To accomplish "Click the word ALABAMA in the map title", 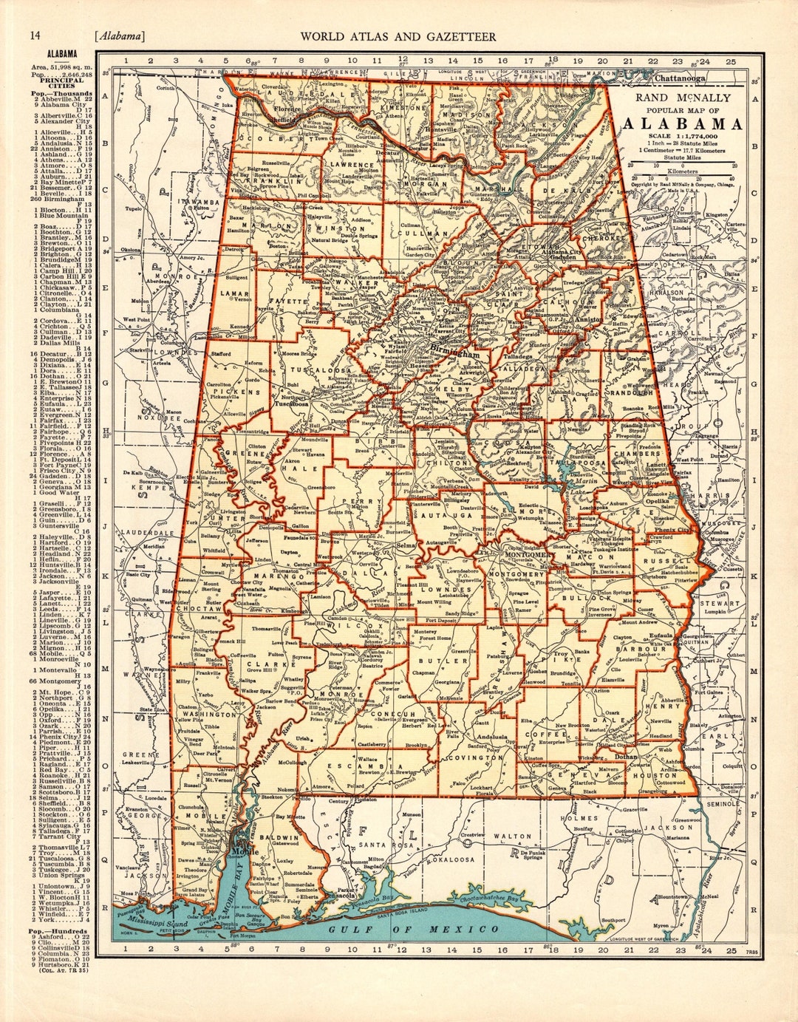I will pyautogui.click(x=682, y=123).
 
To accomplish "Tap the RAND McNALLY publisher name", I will pyautogui.click(x=682, y=98).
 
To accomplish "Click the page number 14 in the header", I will pyautogui.click(x=34, y=36).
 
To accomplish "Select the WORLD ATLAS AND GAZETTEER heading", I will pyautogui.click(x=398, y=37).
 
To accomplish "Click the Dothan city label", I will pyautogui.click(x=625, y=756).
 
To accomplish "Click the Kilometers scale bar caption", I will pyautogui.click(x=682, y=169).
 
